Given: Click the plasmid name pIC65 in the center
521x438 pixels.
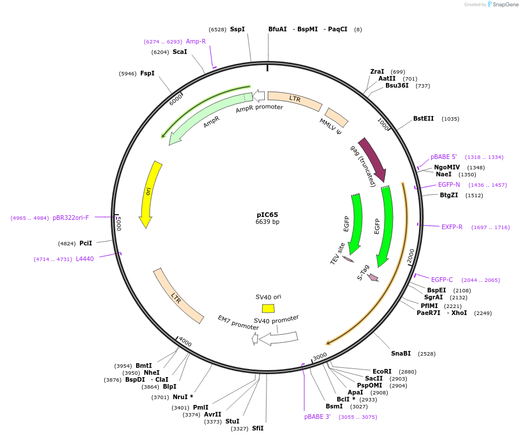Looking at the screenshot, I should pyautogui.click(x=267, y=215).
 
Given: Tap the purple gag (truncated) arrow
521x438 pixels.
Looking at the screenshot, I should pyautogui.click(x=373, y=160).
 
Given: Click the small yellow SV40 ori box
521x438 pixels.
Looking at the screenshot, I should pyautogui.click(x=268, y=308).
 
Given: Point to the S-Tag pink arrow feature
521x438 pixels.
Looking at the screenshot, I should pyautogui.click(x=373, y=277).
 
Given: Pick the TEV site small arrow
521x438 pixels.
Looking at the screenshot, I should pyautogui.click(x=348, y=259).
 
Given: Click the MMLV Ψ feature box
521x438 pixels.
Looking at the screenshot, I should pyautogui.click(x=337, y=117).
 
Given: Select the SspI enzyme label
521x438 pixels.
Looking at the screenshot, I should pyautogui.click(x=237, y=29).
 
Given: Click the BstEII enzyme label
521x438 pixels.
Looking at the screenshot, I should pyautogui.click(x=423, y=119).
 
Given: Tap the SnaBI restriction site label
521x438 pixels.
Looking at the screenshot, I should pyautogui.click(x=400, y=353).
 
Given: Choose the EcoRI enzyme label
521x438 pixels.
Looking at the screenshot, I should pyautogui.click(x=382, y=371).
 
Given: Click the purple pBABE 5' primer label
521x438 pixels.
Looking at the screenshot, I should pyautogui.click(x=443, y=157).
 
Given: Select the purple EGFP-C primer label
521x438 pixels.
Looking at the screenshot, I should pyautogui.click(x=442, y=280).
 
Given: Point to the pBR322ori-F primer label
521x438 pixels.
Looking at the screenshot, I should pyautogui.click(x=71, y=218).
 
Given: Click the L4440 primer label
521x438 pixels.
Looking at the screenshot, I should pyautogui.click(x=85, y=259).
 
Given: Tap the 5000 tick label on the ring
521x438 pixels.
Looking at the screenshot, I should pyautogui.click(x=119, y=223).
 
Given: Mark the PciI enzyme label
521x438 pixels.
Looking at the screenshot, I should pyautogui.click(x=86, y=243).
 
